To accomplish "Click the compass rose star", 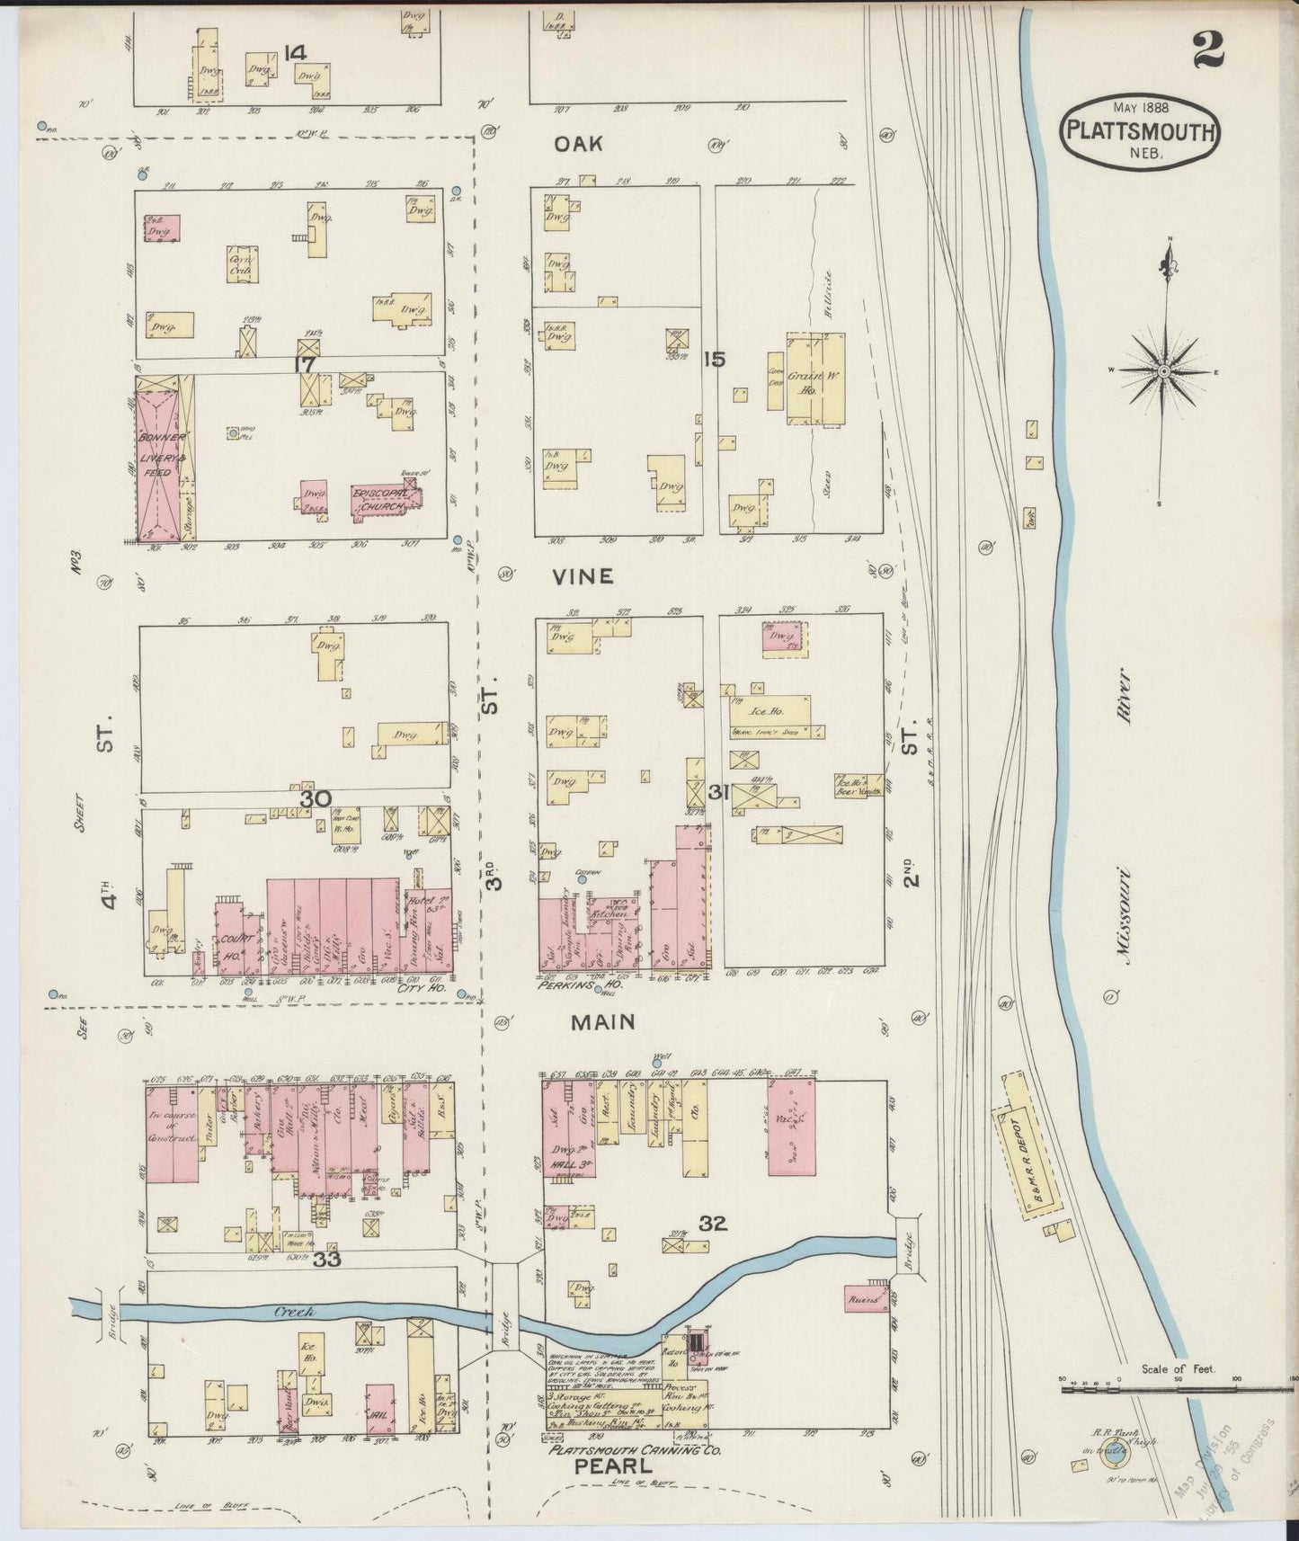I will pyautogui.click(x=1163, y=370).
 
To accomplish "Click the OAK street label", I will pyautogui.click(x=577, y=145).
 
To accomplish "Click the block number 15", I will pyautogui.click(x=716, y=360).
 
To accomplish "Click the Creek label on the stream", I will pyautogui.click(x=294, y=1312).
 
